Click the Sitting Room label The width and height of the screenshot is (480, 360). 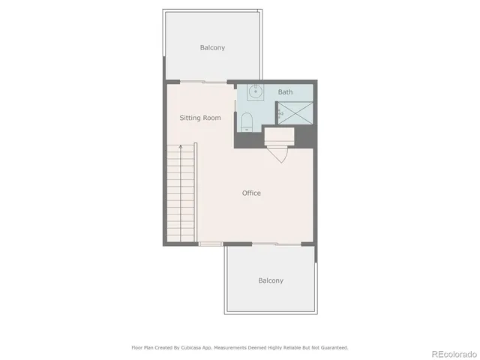(x=200, y=118)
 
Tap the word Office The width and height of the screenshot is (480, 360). (x=251, y=193)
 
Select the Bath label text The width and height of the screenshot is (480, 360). (x=285, y=92)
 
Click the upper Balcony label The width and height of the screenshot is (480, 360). (x=212, y=48)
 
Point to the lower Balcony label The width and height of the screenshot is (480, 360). (x=271, y=280)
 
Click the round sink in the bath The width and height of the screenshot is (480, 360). (x=255, y=93)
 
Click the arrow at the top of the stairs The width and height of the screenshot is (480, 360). (x=181, y=148)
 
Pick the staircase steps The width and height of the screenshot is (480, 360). (x=181, y=195)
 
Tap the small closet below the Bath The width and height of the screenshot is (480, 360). (x=278, y=135)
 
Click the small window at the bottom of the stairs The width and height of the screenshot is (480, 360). (x=211, y=244)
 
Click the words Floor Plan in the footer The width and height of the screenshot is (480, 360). (x=143, y=348)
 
